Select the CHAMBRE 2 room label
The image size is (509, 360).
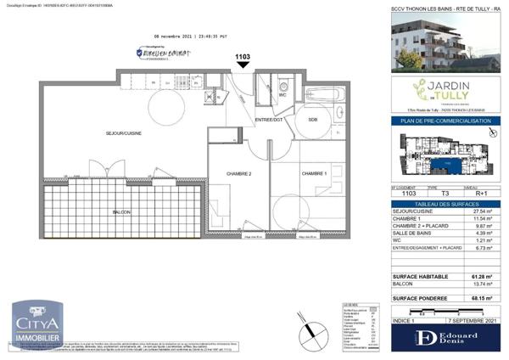click(238, 173)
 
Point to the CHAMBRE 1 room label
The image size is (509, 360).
click(314, 173)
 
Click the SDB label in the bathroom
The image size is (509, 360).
click(313, 120)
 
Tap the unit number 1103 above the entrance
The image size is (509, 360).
click(243, 57)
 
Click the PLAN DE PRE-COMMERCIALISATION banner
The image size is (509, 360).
click(446, 121)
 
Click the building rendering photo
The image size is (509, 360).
click(446, 40)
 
